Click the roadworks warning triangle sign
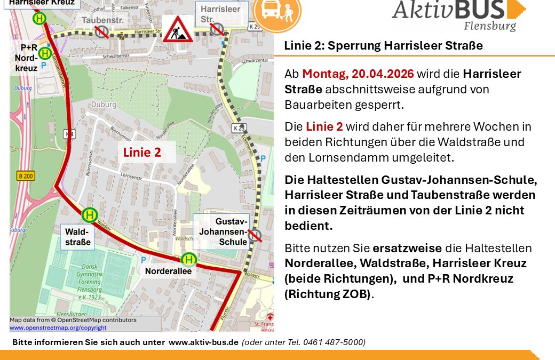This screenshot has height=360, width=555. click(179, 30)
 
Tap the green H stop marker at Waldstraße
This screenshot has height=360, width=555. click(90, 215)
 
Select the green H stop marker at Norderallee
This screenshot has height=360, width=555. click(188, 259)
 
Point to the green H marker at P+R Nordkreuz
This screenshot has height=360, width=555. click(45, 53)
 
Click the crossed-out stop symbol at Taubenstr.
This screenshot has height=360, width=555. click(101, 32)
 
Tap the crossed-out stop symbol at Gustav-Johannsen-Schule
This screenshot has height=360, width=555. click(255, 235)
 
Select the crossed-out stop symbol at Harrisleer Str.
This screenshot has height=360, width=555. click(217, 29)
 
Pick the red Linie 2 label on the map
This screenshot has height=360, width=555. click(142, 153)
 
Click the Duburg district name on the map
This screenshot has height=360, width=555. click(104, 105)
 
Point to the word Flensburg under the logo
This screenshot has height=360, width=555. click(489, 26)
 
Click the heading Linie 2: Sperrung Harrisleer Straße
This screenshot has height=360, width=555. click(383, 46)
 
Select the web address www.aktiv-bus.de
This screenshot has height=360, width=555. click(203, 342)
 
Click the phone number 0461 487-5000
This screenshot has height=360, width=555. click(334, 342)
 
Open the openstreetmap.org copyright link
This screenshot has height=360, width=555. click(58, 327)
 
